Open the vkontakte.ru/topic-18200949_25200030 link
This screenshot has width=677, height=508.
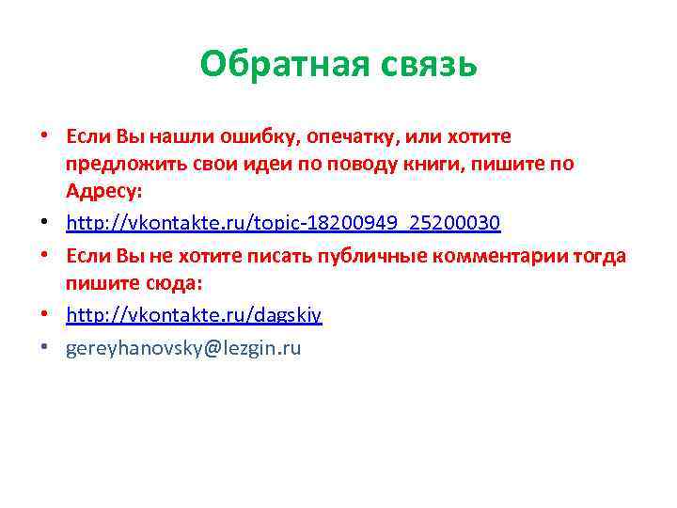tap(283, 223)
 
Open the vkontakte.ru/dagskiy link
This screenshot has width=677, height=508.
tap(194, 316)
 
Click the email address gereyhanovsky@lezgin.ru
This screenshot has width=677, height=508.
tap(183, 348)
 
